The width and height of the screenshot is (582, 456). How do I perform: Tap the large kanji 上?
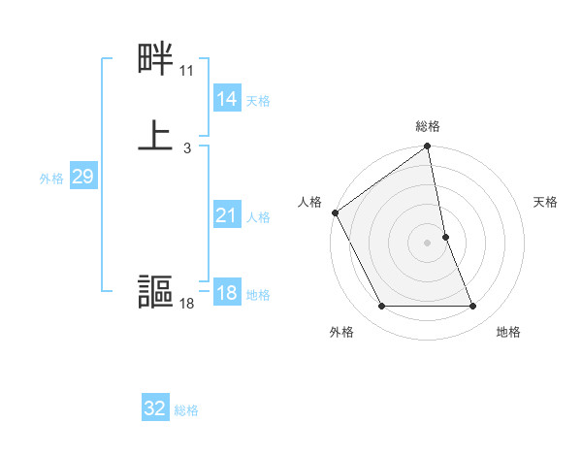pyautogui.click(x=155, y=135)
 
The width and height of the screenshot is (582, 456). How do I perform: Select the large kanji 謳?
pyautogui.click(x=155, y=292)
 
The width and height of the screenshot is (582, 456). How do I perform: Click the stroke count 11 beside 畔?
pyautogui.click(x=186, y=72)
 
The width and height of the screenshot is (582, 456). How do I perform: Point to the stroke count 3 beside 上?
pyautogui.click(x=186, y=147)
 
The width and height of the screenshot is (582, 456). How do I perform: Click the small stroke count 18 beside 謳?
pyautogui.click(x=186, y=305)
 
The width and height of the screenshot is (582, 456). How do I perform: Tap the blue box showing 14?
pyautogui.click(x=226, y=99)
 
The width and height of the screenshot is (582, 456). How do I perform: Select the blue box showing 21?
pyautogui.click(x=226, y=215)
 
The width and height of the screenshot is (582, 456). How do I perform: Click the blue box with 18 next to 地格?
pyautogui.click(x=226, y=293)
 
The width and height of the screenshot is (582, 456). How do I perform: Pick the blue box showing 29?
pyautogui.click(x=82, y=177)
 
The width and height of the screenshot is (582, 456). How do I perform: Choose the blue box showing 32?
pyautogui.click(x=154, y=408)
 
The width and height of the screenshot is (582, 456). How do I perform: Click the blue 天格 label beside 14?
pyautogui.click(x=258, y=101)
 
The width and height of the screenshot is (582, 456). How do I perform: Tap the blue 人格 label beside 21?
pyautogui.click(x=258, y=217)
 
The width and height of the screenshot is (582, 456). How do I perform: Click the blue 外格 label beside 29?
pyautogui.click(x=50, y=179)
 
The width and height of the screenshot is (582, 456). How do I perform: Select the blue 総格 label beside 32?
pyautogui.click(x=186, y=410)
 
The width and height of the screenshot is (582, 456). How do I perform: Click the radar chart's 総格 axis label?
pyautogui.click(x=428, y=126)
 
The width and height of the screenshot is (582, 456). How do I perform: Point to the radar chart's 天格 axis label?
pyautogui.click(x=546, y=202)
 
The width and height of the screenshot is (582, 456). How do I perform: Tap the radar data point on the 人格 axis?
pyautogui.click(x=336, y=212)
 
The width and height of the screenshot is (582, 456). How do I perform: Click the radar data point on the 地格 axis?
pyautogui.click(x=473, y=307)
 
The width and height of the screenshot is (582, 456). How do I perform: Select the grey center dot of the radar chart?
pyautogui.click(x=428, y=242)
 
